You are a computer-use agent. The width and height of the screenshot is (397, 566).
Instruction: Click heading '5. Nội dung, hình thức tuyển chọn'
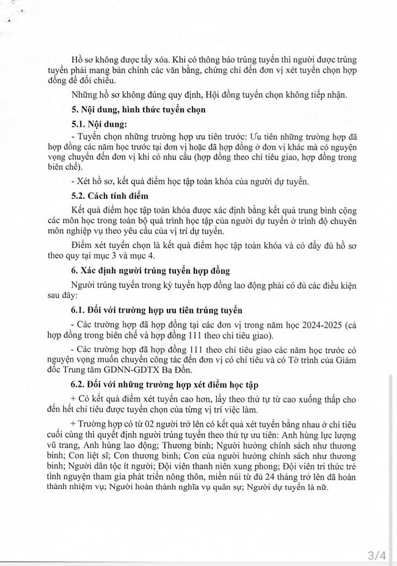point(138,110)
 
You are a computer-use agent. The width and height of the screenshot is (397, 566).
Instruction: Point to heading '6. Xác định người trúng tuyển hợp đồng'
point(154,270)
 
